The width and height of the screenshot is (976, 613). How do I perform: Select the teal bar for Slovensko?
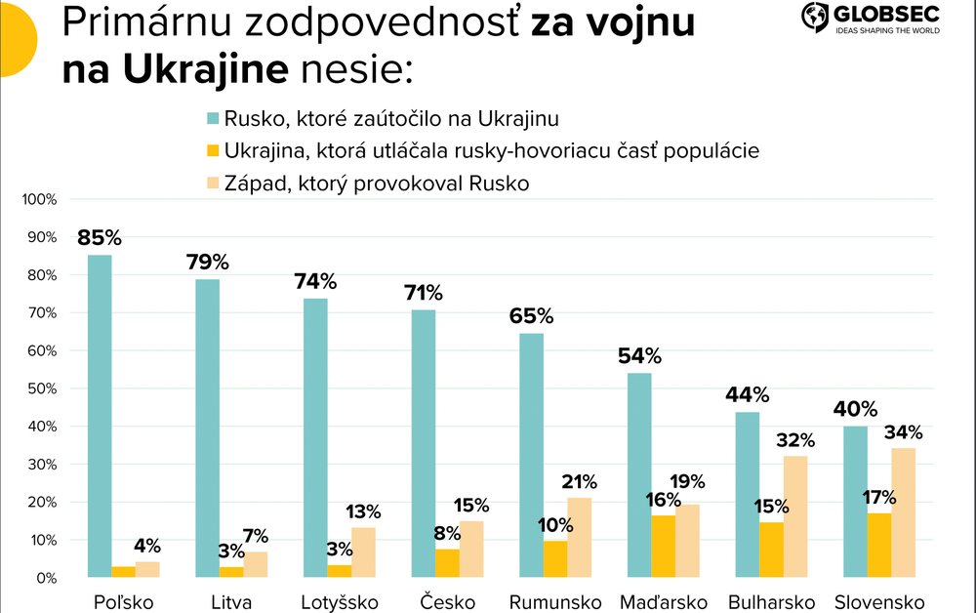(856, 502)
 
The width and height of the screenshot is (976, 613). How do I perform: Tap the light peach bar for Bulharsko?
(795, 517)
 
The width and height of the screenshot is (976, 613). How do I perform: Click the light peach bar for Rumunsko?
(580, 538)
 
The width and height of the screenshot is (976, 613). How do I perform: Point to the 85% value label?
(101, 237)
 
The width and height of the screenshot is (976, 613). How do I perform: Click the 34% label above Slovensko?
(903, 431)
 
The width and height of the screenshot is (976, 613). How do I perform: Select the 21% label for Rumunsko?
(580, 481)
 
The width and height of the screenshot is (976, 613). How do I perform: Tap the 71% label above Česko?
(423, 292)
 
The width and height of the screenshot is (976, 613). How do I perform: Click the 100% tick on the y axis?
(40, 199)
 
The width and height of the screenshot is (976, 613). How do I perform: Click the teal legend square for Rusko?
(212, 119)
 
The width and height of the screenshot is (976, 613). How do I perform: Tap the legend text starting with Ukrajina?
(491, 151)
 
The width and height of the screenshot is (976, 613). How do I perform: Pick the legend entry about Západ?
(376, 183)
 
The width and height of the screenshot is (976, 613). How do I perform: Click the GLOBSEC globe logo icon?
(815, 17)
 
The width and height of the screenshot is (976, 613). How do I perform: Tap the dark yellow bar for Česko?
(447, 563)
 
